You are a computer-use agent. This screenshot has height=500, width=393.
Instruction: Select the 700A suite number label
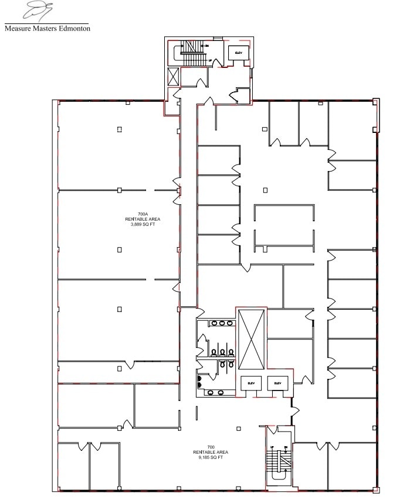143,214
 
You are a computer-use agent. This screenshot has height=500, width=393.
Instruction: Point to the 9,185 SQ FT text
210,457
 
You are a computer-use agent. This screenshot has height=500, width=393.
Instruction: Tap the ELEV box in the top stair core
238,53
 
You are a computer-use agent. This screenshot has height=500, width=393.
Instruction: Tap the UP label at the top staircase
210,60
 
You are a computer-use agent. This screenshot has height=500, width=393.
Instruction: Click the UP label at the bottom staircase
271,448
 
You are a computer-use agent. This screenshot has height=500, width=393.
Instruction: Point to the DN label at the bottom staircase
285,448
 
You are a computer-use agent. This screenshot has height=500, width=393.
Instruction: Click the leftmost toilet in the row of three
214,352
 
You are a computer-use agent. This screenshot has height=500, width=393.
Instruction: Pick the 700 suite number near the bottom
210,447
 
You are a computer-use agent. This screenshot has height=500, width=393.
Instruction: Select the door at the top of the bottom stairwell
272,431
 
